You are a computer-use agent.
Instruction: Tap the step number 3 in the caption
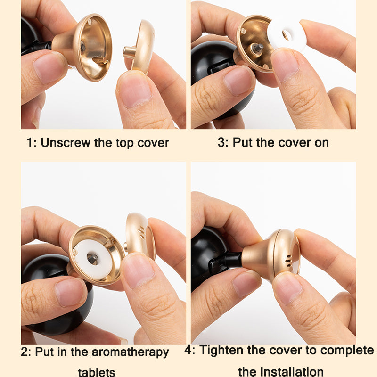(221, 142)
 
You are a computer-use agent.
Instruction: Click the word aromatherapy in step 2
(130, 352)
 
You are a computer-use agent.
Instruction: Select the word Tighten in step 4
(221, 350)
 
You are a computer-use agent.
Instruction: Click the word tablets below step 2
(97, 372)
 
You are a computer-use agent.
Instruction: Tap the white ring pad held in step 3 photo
(287, 36)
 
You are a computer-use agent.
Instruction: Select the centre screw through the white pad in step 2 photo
(92, 259)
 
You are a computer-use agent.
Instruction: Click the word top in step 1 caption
(125, 143)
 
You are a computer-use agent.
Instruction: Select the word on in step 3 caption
(322, 143)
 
